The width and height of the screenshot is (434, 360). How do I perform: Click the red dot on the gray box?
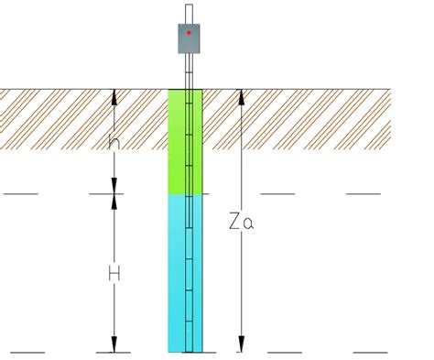[x=189, y=32]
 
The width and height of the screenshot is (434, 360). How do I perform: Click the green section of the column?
[x=178, y=142]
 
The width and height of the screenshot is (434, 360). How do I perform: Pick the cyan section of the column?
[x=178, y=275]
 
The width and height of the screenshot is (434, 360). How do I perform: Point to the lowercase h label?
[x=114, y=142]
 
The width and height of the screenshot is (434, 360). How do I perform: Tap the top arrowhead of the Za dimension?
[x=240, y=95]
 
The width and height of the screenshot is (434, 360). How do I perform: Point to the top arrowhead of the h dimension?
[x=114, y=95]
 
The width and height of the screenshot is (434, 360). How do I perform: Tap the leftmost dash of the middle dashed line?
[x=20, y=194]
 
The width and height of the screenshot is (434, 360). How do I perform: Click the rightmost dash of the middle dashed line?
[x=363, y=194]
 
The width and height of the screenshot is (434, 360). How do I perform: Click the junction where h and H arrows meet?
[x=114, y=194]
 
